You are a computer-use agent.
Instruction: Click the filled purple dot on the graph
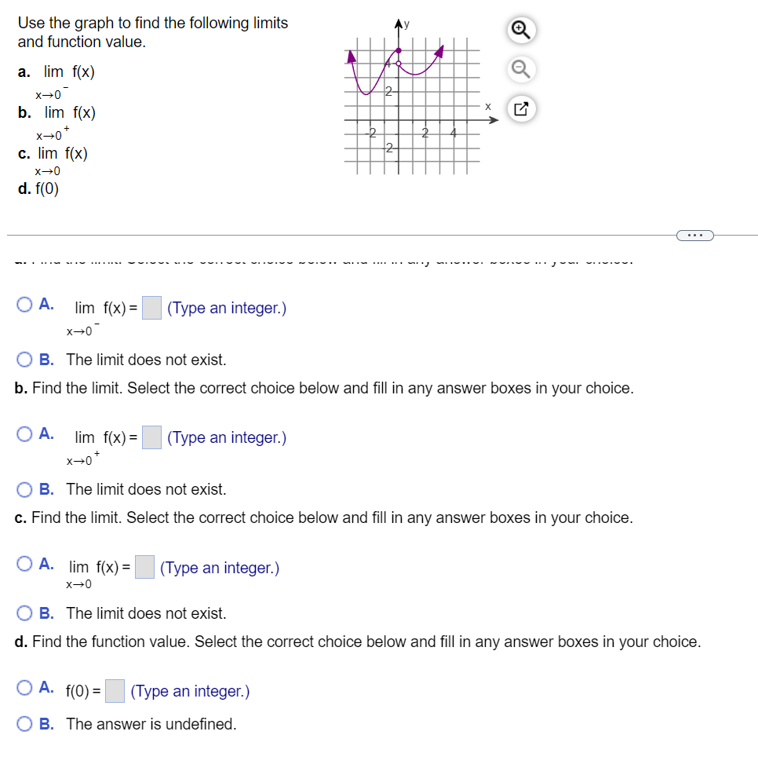[397, 51]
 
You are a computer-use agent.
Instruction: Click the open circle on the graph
[399, 64]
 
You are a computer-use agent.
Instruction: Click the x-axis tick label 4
[453, 132]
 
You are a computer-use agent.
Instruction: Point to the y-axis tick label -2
[389, 148]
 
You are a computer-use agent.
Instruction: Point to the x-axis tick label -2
[372, 132]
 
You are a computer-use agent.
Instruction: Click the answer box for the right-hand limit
[152, 437]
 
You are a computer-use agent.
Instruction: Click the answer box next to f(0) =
[115, 691]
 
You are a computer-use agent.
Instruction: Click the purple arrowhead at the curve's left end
[352, 56]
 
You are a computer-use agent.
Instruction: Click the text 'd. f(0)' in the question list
[38, 188]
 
